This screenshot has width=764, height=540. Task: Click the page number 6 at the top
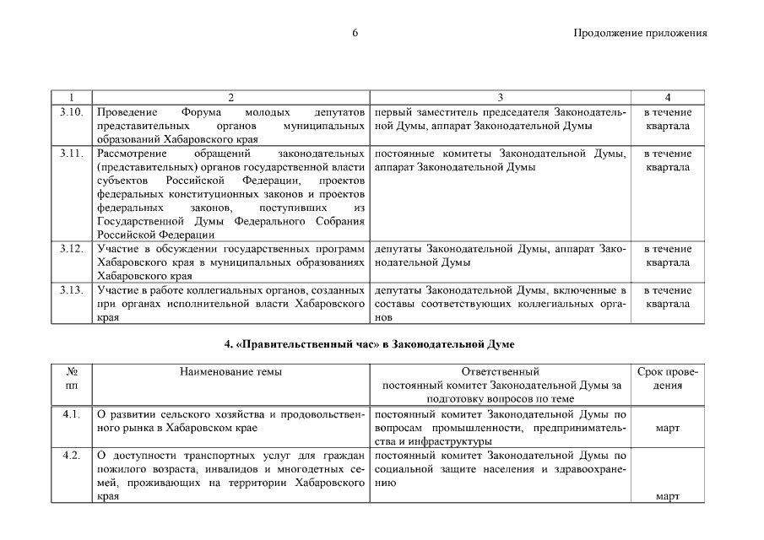[355, 34]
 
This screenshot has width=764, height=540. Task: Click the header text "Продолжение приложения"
[639, 34]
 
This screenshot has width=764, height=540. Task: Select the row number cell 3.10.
[72, 112]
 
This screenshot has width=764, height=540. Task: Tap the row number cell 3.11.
[72, 154]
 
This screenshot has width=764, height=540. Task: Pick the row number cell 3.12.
[72, 249]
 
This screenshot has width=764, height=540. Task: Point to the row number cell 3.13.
[72, 290]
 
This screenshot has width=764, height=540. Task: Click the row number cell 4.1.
[72, 414]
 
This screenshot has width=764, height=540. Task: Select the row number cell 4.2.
[72, 456]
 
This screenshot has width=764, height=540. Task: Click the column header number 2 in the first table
[230, 98]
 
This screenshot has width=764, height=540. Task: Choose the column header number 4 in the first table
[667, 98]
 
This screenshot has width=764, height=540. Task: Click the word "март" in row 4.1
[667, 428]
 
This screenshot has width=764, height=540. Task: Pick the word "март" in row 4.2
[667, 496]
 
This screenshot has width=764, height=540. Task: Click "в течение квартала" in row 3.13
[667, 297]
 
